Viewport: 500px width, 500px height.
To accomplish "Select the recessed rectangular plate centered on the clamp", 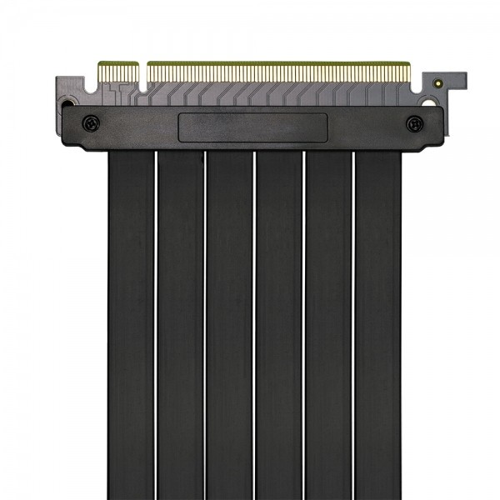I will tap(252, 127).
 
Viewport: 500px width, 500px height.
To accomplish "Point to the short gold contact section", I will tap(118, 67).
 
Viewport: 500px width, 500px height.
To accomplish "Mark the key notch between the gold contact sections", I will tap(142, 70).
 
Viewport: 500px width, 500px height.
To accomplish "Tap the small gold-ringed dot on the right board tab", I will tap(437, 83).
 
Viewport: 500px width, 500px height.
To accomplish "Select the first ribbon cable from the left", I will tap(131, 325).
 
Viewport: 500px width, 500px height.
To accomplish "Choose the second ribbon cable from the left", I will tap(180, 325).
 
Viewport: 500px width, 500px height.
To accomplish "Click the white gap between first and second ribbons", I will tap(156, 325).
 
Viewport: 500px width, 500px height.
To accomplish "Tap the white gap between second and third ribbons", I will tap(205, 325).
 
